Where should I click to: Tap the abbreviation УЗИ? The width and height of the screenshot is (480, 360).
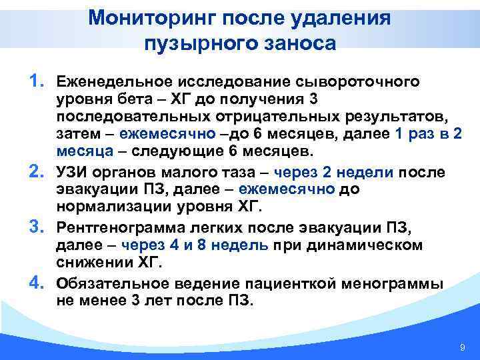[x=71, y=173]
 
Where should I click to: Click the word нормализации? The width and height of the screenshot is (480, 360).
[x=107, y=208]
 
